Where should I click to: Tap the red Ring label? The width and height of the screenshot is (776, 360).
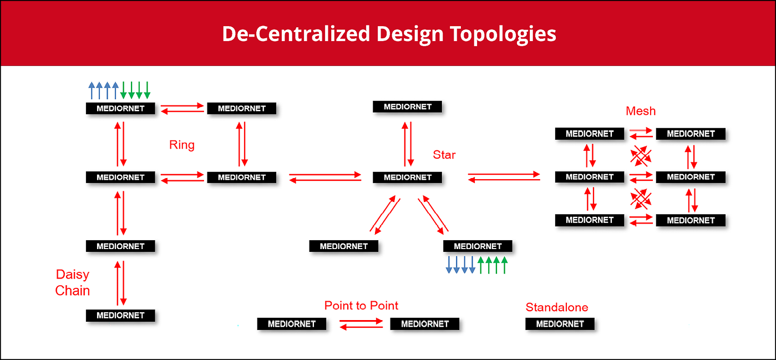pyautogui.click(x=182, y=145)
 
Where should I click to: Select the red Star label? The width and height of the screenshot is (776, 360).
pyautogui.click(x=444, y=155)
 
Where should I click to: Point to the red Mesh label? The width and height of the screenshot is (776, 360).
pyautogui.click(x=641, y=111)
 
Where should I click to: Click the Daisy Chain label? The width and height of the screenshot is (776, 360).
pyautogui.click(x=73, y=282)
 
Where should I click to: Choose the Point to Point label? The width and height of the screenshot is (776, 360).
pyautogui.click(x=361, y=306)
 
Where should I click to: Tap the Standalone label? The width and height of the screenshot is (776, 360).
pyautogui.click(x=557, y=307)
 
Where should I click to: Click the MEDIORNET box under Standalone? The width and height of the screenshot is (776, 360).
pyautogui.click(x=560, y=323)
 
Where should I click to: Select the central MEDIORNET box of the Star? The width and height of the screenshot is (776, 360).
pyautogui.click(x=407, y=178)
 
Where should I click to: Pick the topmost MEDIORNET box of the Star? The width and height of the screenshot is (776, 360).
pyautogui.click(x=407, y=107)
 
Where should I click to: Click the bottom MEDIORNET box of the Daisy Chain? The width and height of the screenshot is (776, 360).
pyautogui.click(x=120, y=315)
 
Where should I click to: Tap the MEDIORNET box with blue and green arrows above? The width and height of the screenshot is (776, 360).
pyautogui.click(x=120, y=108)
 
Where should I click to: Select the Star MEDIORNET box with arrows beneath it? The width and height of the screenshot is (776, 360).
pyautogui.click(x=478, y=246)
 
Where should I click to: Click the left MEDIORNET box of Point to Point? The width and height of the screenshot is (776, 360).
pyautogui.click(x=291, y=323)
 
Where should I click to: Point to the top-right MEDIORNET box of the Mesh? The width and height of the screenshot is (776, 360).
pyautogui.click(x=690, y=134)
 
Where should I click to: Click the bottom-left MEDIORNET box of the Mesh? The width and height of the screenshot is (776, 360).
pyautogui.click(x=589, y=220)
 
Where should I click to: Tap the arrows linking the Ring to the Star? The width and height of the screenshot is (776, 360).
pyautogui.click(x=326, y=178)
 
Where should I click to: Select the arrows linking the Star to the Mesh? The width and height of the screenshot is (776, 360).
pyautogui.click(x=504, y=177)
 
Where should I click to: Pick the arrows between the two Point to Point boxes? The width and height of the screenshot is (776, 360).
pyautogui.click(x=361, y=324)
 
